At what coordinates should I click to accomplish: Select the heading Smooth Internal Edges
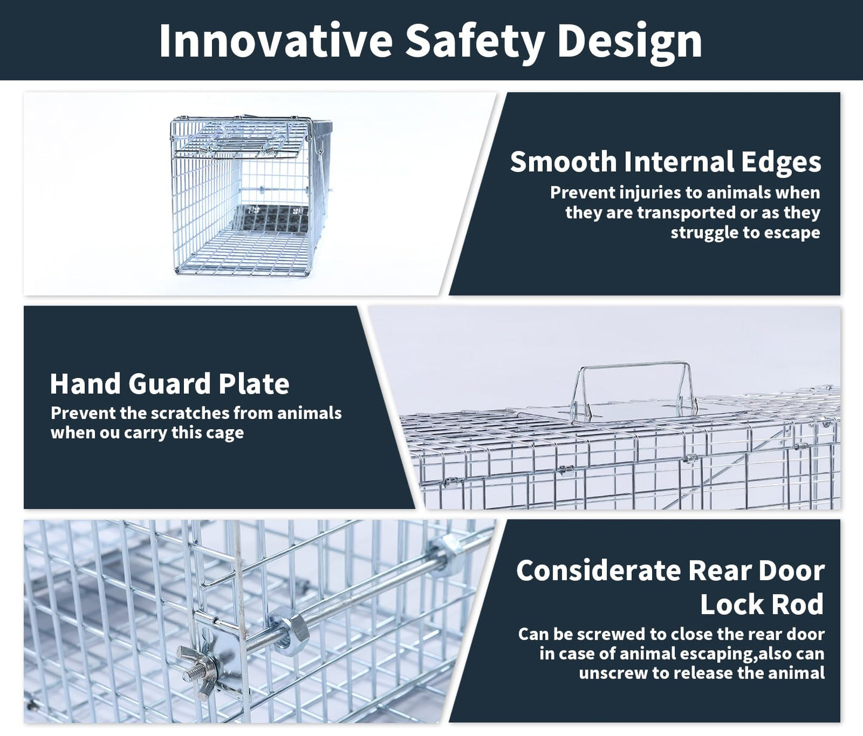pos(665,162)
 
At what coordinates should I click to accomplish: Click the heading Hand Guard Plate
pos(170,383)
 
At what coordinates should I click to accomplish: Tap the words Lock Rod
pos(761,604)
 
